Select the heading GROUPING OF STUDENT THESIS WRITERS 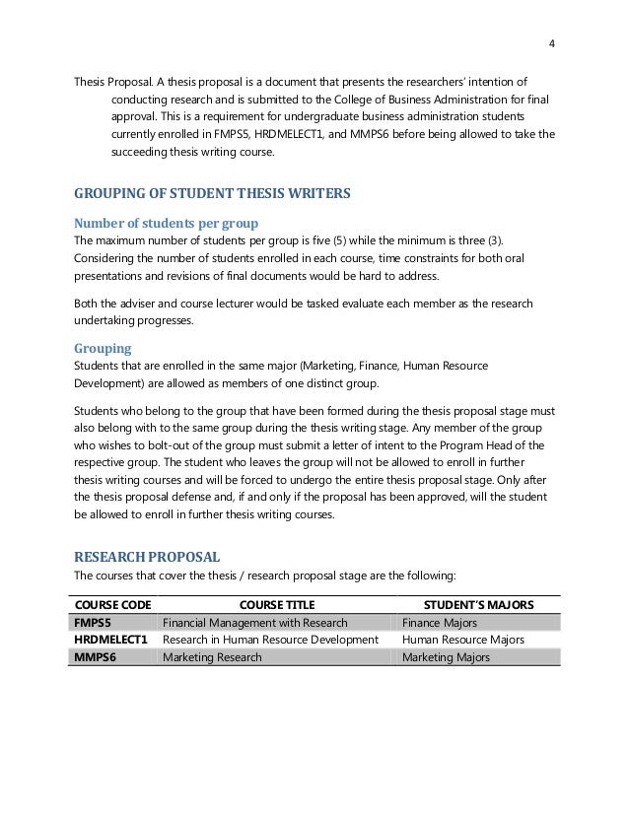pyautogui.click(x=212, y=193)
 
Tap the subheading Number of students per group pyautogui.click(x=167, y=223)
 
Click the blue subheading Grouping pyautogui.click(x=103, y=348)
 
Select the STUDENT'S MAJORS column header pyautogui.click(x=478, y=603)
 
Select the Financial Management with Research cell pyautogui.click(x=254, y=622)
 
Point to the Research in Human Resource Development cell pyautogui.click(x=270, y=640)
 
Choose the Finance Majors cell pyautogui.click(x=440, y=622)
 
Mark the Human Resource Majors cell pyautogui.click(x=463, y=640)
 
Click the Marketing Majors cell pyautogui.click(x=446, y=657)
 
